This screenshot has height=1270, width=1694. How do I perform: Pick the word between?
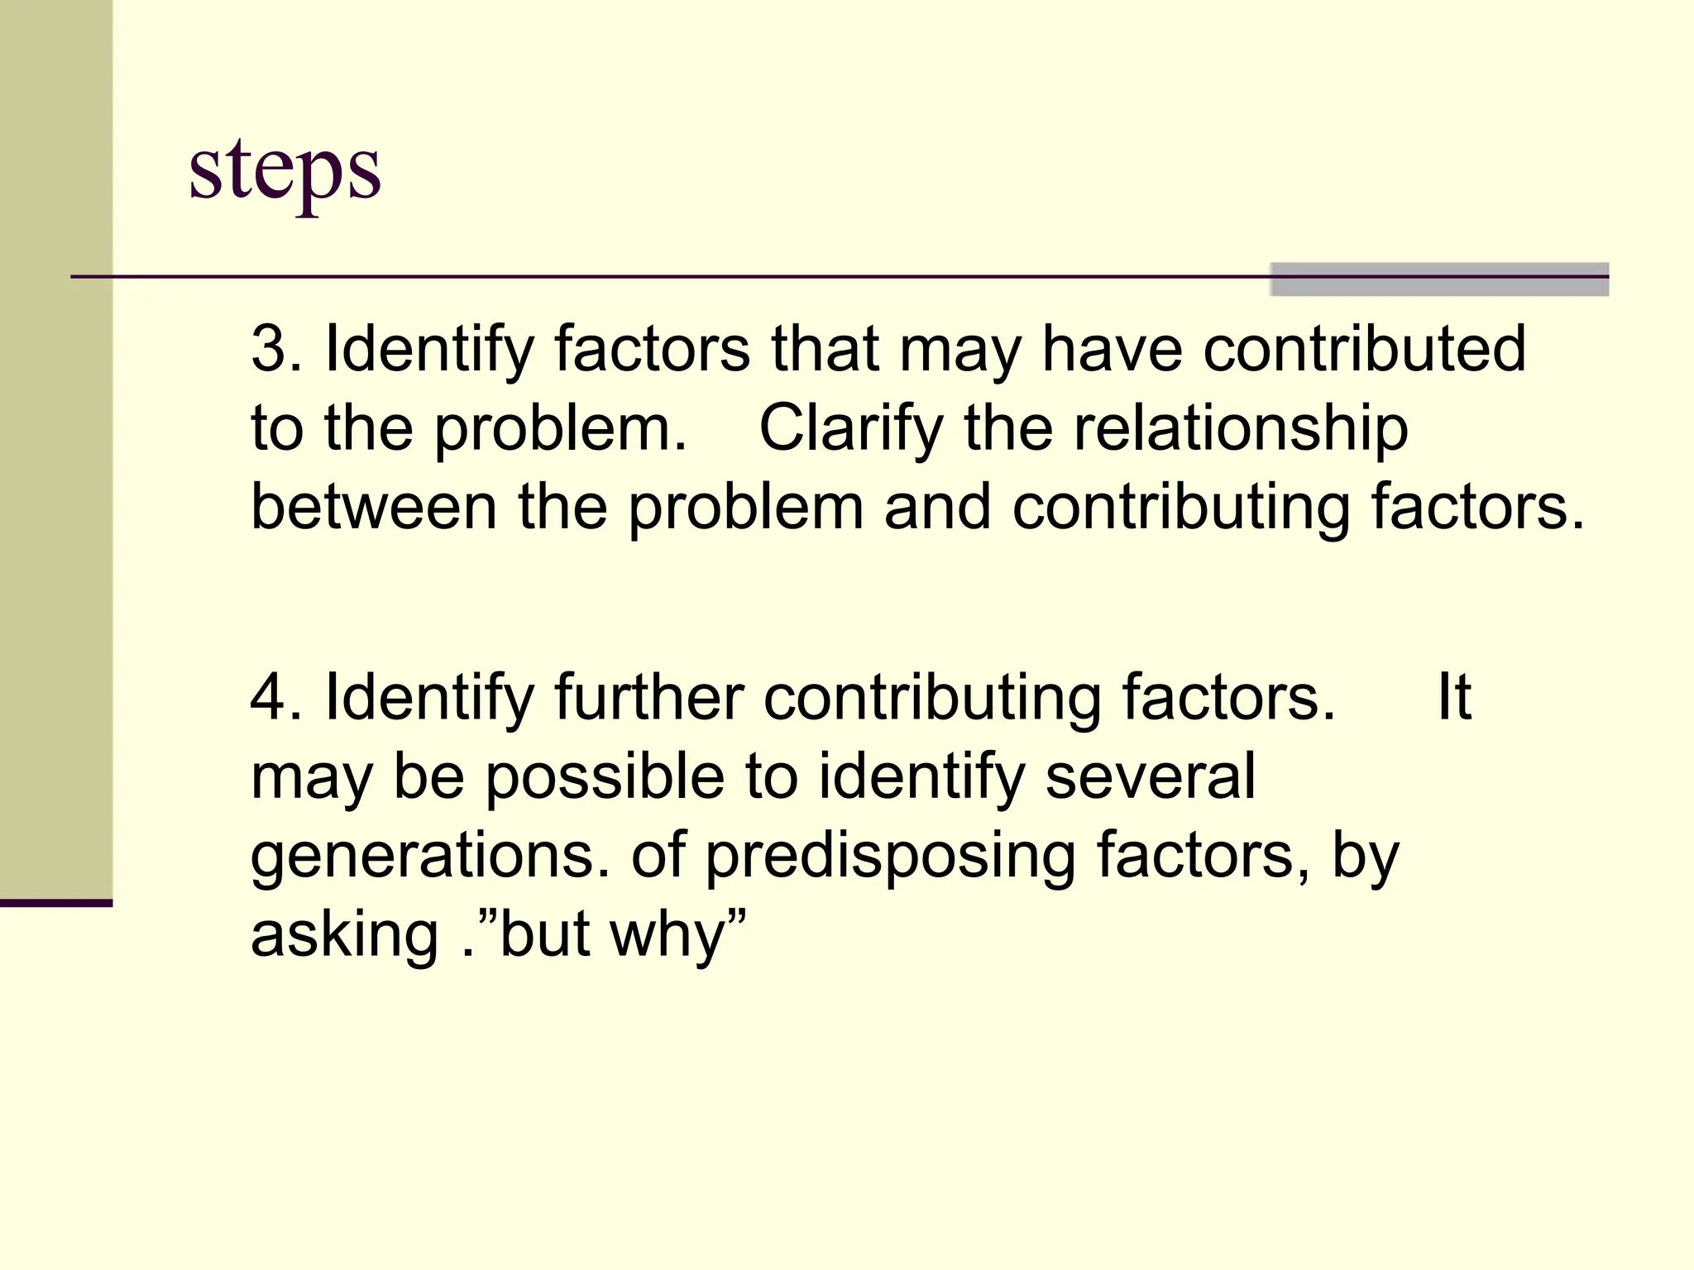pyautogui.click(x=374, y=506)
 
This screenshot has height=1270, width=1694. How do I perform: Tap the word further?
pyautogui.click(x=648, y=698)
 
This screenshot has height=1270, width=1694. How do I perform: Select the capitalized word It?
pyautogui.click(x=1454, y=698)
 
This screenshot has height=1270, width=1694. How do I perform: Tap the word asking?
pyautogui.click(x=344, y=936)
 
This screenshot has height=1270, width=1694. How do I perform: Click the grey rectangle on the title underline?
pyautogui.click(x=1439, y=279)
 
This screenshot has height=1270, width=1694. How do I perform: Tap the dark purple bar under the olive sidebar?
pyautogui.click(x=56, y=903)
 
